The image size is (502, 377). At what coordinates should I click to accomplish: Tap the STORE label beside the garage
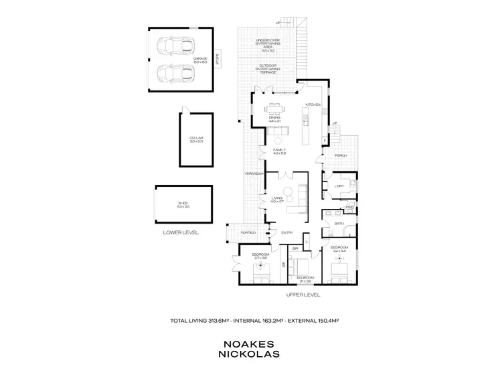pyautogui.click(x=216, y=59)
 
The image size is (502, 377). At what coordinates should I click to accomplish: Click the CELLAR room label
pyautogui.click(x=195, y=139)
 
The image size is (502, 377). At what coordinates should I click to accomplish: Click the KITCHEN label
pyautogui.click(x=314, y=106)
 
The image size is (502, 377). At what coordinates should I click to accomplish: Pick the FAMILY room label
pyautogui.click(x=279, y=149)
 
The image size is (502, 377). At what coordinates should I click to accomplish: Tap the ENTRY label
pyautogui.click(x=286, y=232)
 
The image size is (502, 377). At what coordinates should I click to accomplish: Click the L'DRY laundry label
pyautogui.click(x=339, y=185)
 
